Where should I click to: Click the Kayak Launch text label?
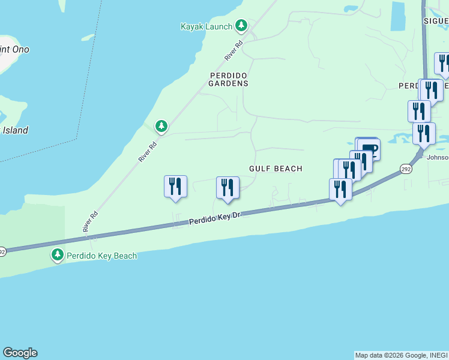click(x=206, y=26)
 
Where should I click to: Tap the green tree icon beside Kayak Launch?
click(x=241, y=26)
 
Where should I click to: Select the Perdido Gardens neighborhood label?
click(x=228, y=79)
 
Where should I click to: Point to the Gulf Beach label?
click(x=276, y=169)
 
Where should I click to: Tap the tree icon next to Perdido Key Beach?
click(x=58, y=256)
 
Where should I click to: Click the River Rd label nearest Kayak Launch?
click(x=234, y=50)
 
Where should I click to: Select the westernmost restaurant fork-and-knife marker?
click(x=175, y=187)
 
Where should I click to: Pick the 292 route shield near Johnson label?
click(x=407, y=170)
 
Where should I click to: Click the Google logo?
click(x=20, y=353)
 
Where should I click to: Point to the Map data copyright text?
click(x=401, y=355)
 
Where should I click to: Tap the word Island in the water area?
click(x=16, y=130)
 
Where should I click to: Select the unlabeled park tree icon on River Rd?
click(x=161, y=126)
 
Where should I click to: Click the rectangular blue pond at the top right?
click(x=397, y=16)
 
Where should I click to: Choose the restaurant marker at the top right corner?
click(x=443, y=64)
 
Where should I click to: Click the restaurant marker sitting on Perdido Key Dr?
click(x=340, y=190)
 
